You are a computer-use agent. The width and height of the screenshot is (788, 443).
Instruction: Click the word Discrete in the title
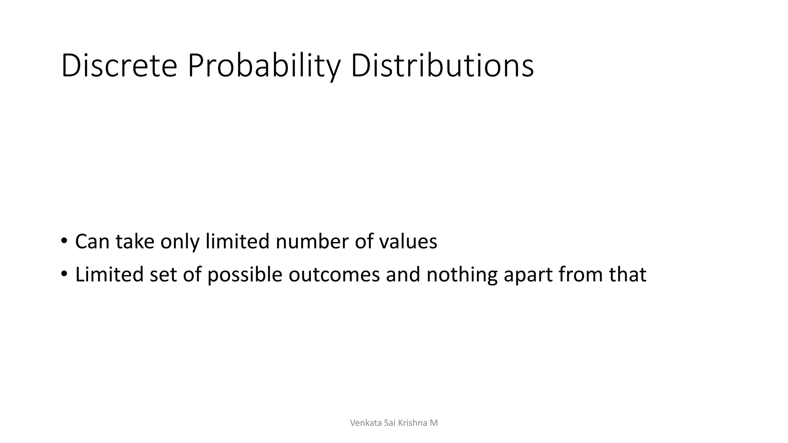click(x=119, y=66)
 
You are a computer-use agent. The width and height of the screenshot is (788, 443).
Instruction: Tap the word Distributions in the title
click(x=442, y=66)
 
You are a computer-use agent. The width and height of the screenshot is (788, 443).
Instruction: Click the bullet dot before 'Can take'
click(x=64, y=241)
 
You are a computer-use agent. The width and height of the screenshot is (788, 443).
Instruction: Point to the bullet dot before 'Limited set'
click(x=64, y=274)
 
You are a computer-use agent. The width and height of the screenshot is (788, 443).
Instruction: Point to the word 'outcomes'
click(x=334, y=275)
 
